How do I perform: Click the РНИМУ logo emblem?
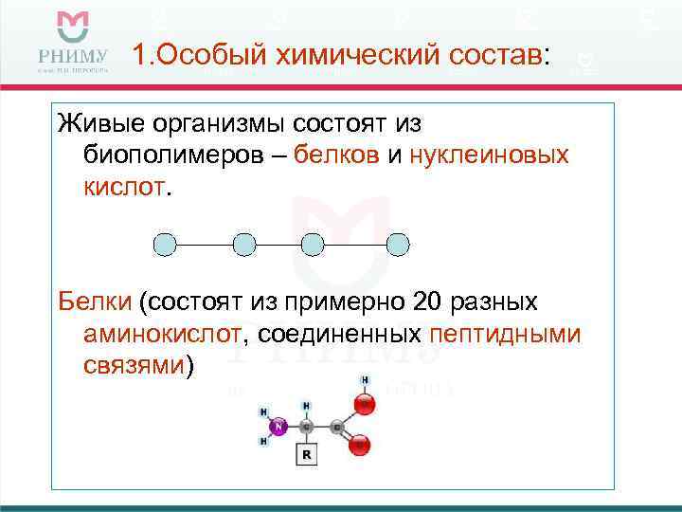72,28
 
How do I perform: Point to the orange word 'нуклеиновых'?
490,155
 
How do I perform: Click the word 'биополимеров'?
178,155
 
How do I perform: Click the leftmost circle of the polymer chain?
166,245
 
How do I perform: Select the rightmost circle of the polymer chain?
399,245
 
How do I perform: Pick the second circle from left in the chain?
243,245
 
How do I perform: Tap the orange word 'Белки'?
94,302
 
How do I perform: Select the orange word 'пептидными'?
505,335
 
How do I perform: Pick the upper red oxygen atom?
366,405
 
